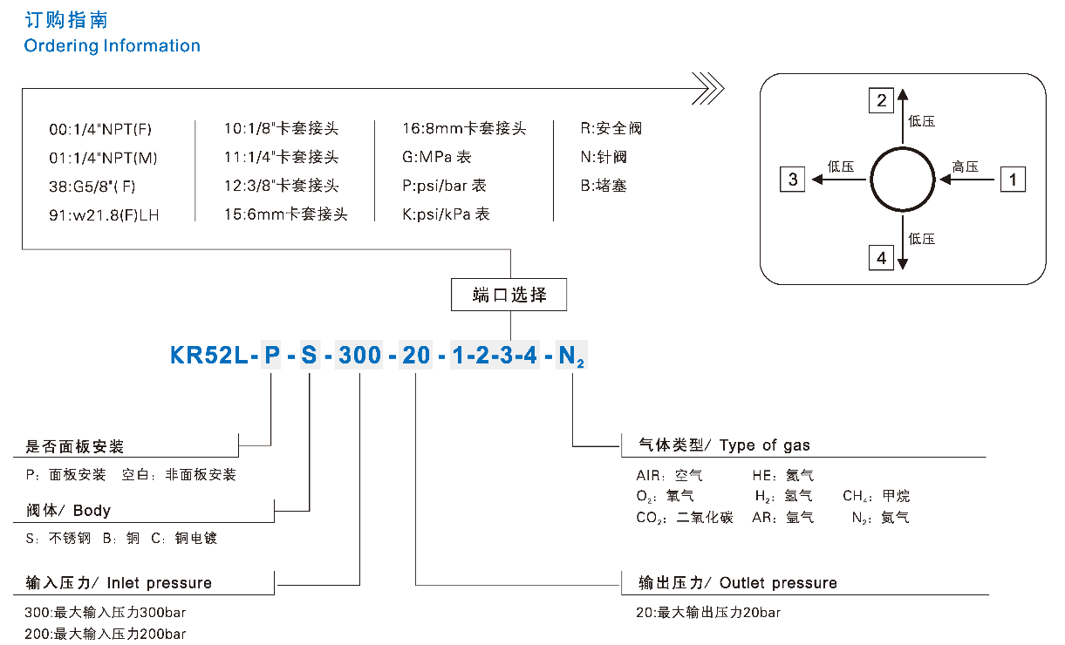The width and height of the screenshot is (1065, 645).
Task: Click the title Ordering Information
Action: [x=113, y=46]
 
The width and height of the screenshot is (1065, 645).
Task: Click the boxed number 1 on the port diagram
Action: [x=1012, y=180]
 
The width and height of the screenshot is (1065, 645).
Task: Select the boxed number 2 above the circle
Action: [x=881, y=100]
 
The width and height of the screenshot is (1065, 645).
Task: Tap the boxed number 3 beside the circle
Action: [x=793, y=180]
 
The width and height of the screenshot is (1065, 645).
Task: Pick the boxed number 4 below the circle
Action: [x=881, y=258]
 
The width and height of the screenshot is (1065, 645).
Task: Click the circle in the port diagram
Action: [x=902, y=180]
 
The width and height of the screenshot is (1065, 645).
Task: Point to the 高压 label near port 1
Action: [x=966, y=167]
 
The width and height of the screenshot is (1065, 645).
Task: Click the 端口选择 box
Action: [x=509, y=295]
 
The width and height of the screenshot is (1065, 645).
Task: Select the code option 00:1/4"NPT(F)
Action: [x=100, y=130]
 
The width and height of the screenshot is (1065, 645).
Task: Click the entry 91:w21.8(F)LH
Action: [x=105, y=214]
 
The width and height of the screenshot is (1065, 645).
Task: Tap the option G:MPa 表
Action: [x=437, y=158]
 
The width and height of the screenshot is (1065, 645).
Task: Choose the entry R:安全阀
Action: [x=611, y=129]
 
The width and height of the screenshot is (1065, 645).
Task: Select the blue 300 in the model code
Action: [x=358, y=356]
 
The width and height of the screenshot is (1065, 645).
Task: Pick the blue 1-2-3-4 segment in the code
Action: [x=494, y=356]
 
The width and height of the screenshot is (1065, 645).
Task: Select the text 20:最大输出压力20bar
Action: [x=708, y=613]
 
